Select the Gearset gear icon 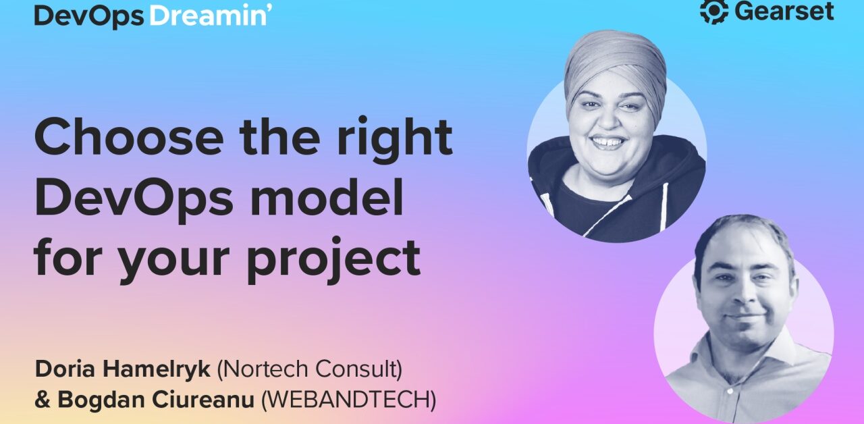tap(714, 11)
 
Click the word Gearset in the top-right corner tap(784, 11)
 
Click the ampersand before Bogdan tap(43, 400)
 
